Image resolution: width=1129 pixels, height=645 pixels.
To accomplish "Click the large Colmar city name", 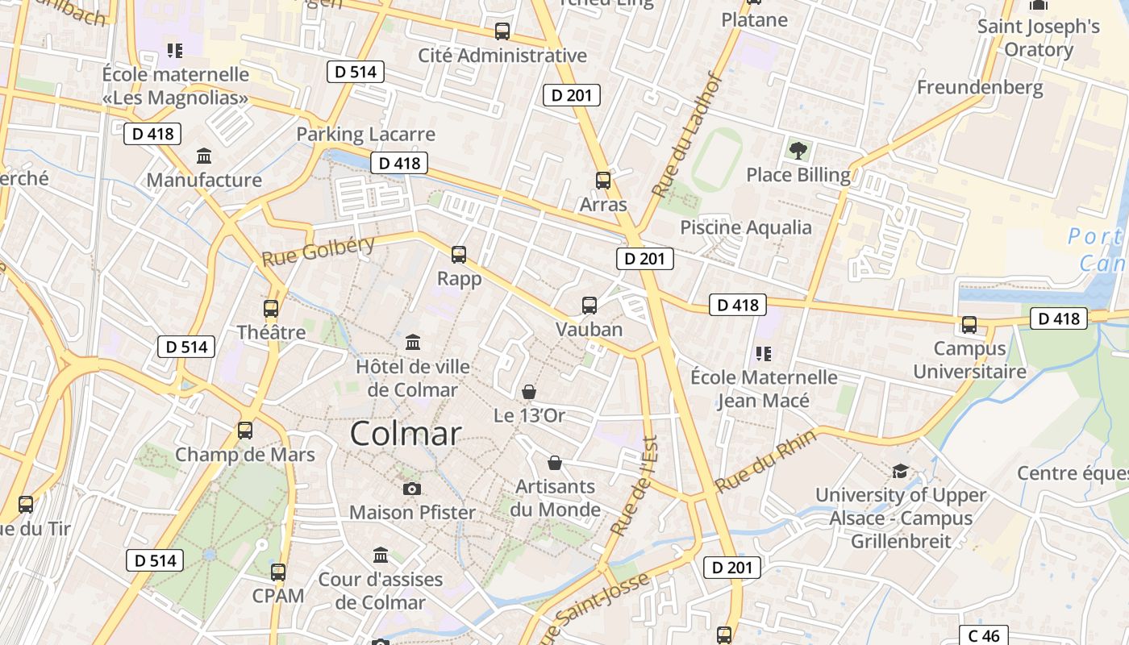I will pos(406,434).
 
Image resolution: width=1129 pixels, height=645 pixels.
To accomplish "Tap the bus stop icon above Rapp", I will pos(459,255).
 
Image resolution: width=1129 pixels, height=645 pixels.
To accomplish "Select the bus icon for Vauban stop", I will pos(589,306).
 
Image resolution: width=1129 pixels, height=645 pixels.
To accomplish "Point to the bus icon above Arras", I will pos(603,181).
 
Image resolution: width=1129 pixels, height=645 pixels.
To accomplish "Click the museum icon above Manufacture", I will pos(204,156).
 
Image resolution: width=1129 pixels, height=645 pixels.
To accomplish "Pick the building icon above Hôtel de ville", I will pos(413,343).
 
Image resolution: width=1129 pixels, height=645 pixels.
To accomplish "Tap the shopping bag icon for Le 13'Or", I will pos(529,392).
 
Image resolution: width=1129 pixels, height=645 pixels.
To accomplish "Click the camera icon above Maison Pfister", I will pos(412,489).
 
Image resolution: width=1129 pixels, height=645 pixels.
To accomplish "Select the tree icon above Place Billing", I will pos(798,150).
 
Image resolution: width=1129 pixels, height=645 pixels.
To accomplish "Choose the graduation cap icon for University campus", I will pos(900,471).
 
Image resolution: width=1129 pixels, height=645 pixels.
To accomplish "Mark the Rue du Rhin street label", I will pos(765,462).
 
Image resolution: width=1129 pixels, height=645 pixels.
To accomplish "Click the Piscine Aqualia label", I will pos(746,227).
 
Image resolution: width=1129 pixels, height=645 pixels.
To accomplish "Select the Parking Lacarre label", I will pos(365,134).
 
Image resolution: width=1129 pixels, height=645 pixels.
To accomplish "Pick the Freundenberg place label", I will pos(980,87).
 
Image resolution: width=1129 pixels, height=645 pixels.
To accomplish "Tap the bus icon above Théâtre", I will pos(271,309).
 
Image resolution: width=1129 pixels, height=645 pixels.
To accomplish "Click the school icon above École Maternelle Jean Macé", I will pos(763,353).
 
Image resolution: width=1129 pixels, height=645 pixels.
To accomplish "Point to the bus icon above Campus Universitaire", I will pos(969,325).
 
